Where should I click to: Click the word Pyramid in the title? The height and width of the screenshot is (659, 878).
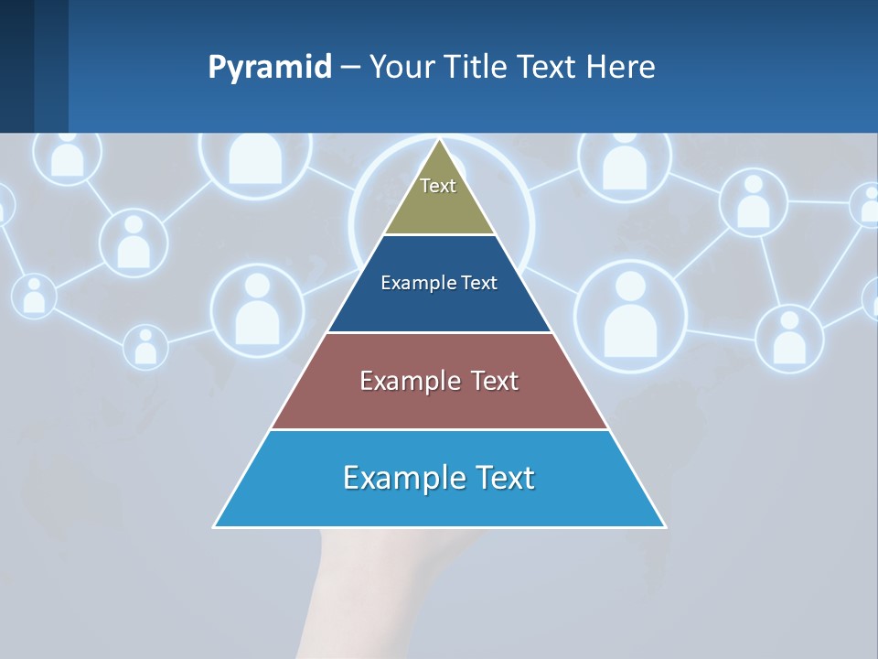270,67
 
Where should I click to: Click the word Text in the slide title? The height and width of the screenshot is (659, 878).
548,67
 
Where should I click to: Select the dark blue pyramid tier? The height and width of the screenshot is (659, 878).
439,307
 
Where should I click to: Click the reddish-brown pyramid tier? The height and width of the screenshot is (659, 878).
439,403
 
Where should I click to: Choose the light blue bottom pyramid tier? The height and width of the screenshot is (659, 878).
439,503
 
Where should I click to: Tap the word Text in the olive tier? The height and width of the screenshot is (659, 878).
438,186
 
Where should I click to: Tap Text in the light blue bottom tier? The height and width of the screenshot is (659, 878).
503,478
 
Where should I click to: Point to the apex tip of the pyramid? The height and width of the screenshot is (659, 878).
440,140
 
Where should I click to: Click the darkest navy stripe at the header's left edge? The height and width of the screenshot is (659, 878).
16,66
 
